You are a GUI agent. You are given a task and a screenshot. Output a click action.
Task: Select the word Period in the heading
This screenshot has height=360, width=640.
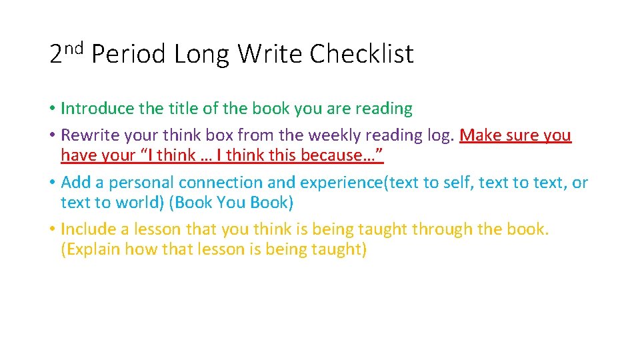(x=128, y=54)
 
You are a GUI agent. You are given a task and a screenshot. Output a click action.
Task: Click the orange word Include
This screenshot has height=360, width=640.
(x=88, y=229)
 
